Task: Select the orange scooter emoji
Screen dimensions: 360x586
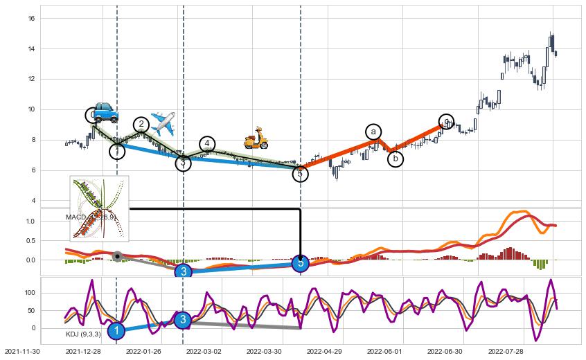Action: tap(256, 138)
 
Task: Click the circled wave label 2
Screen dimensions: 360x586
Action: tap(141, 125)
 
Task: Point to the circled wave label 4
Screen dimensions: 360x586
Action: tap(207, 144)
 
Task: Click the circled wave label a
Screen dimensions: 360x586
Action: tap(373, 132)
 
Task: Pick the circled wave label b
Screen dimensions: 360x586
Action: tap(396, 159)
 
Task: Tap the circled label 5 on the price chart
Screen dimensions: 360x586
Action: tap(300, 174)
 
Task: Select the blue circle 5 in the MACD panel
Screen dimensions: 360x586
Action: tap(300, 263)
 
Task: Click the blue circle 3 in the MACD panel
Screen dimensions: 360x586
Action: tap(183, 272)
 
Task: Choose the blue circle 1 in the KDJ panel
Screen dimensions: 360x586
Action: tap(116, 332)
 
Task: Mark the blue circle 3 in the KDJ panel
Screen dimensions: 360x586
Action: tap(182, 320)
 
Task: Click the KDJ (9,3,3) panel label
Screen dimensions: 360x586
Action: tap(83, 334)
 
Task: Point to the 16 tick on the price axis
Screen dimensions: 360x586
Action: tap(31, 18)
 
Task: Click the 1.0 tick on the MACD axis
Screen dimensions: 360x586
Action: tap(30, 221)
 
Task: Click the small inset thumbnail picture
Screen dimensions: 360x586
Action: tap(99, 208)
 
